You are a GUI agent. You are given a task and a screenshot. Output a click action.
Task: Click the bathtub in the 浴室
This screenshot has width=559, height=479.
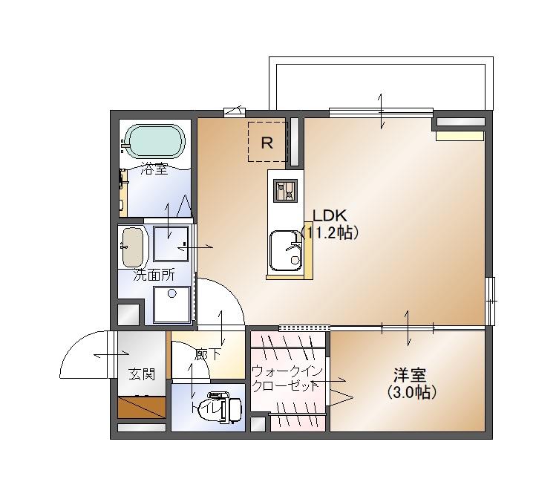(x=154, y=140)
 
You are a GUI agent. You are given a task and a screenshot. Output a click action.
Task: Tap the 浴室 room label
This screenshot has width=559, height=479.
(x=154, y=169)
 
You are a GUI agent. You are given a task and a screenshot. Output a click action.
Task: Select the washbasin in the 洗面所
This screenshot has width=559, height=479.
(x=133, y=247)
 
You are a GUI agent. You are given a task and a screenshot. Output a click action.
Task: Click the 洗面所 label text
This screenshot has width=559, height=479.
(x=154, y=275)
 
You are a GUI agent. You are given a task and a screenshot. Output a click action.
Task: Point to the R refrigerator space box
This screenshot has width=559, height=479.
(x=267, y=142)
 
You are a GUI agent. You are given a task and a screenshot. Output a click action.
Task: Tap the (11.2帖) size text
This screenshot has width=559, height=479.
(x=331, y=233)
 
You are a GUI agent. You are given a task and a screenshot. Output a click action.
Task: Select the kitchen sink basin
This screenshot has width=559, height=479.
(x=284, y=252)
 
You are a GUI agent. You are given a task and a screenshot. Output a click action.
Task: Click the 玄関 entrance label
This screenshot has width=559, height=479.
(x=141, y=374)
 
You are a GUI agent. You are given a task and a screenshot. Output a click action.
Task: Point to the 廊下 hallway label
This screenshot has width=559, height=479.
(x=207, y=355)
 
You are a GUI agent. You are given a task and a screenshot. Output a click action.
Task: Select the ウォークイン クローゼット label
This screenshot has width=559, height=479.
(x=285, y=378)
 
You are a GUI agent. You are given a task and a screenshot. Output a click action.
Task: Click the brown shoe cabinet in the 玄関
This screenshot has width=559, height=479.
(x=141, y=408)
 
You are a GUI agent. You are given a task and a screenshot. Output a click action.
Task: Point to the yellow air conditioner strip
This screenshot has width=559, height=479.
(x=460, y=135)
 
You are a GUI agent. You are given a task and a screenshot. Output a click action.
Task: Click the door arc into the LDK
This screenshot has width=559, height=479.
(x=223, y=301)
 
